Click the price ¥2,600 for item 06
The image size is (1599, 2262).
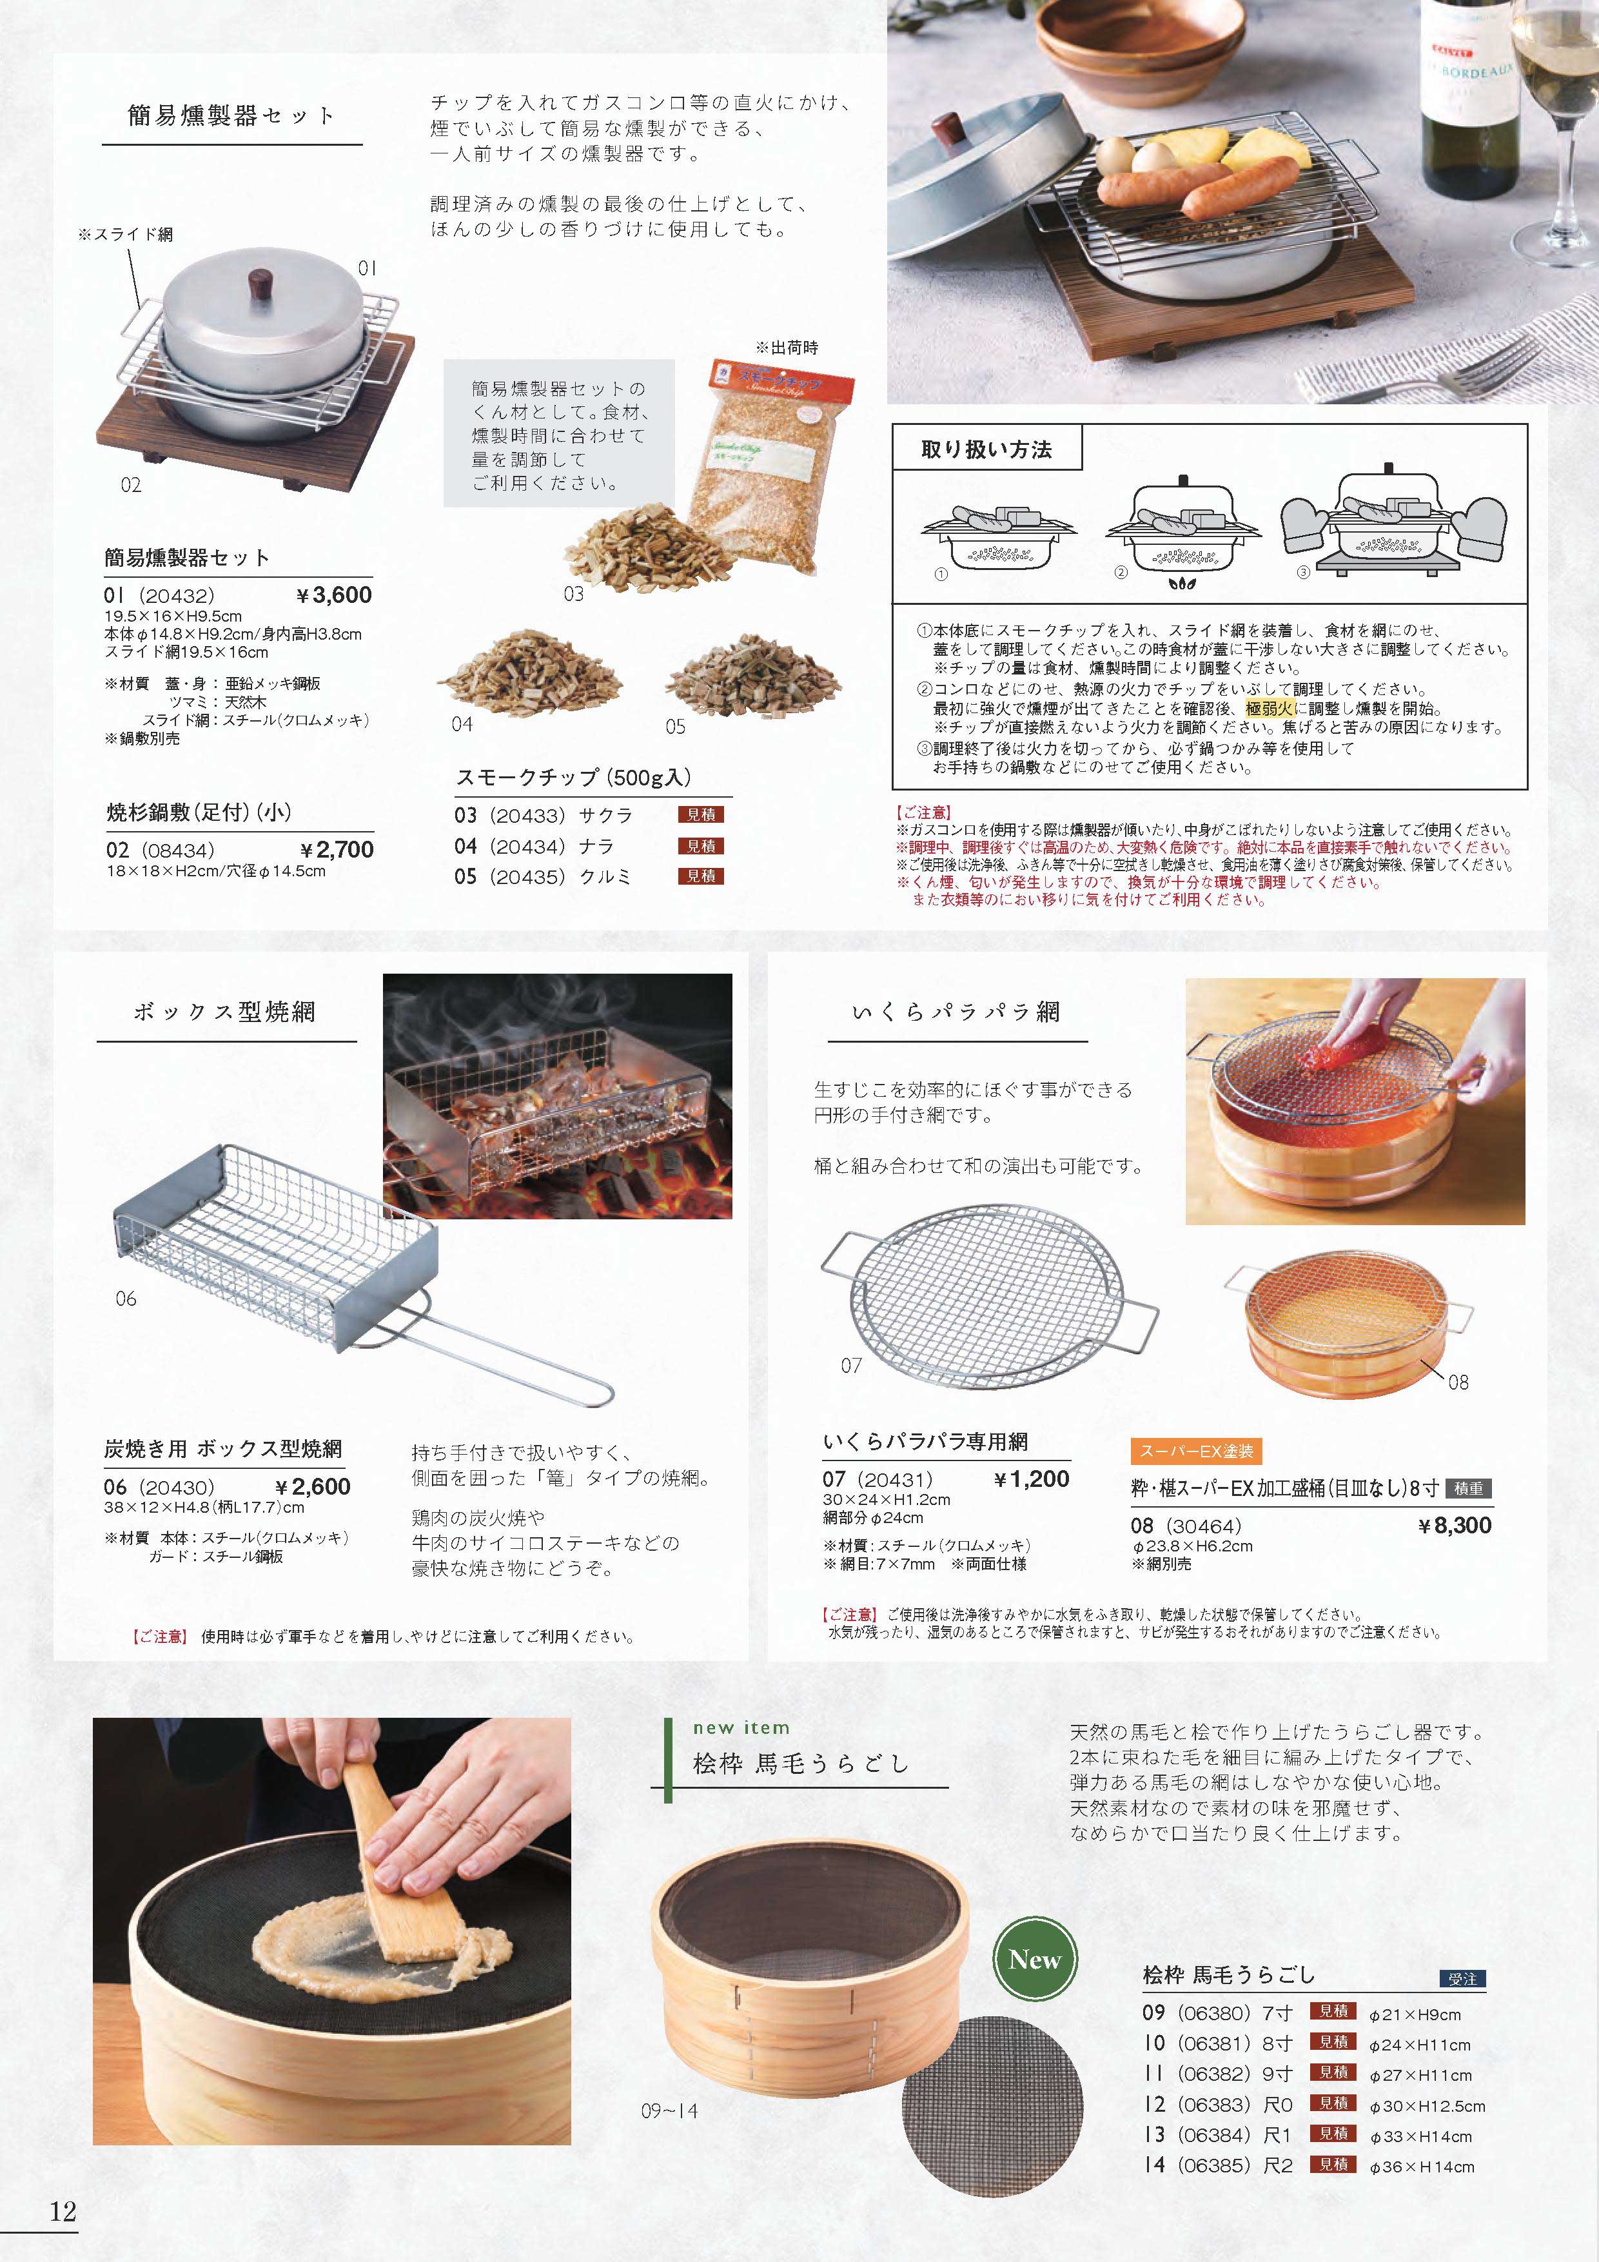pyautogui.click(x=312, y=1487)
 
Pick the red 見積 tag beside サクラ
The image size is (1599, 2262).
pyautogui.click(x=700, y=815)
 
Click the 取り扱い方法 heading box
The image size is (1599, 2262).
pyautogui.click(x=986, y=449)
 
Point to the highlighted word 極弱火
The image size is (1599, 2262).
pyautogui.click(x=1271, y=709)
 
